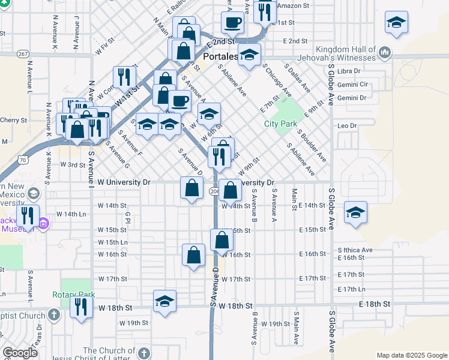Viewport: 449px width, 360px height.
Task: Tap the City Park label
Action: coord(280,124)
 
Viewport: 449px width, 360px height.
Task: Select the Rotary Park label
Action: coord(73,295)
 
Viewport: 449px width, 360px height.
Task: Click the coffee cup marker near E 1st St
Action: coord(232,23)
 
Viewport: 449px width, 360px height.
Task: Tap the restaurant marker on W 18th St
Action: coord(80,307)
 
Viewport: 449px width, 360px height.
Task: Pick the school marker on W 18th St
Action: coord(164,302)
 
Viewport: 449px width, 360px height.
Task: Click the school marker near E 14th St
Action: coord(355,212)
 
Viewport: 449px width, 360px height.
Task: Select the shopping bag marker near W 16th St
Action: coord(193,255)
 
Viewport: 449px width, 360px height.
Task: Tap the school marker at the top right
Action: coord(396,23)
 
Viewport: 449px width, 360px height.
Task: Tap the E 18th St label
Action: coord(374,305)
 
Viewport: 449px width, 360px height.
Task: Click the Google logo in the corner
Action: coord(20,353)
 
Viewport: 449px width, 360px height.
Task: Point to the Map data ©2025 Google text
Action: coord(411,355)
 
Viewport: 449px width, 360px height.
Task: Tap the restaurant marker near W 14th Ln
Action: coord(28,216)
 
